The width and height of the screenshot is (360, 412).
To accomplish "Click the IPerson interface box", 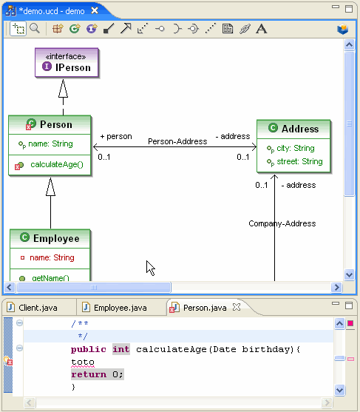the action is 67,63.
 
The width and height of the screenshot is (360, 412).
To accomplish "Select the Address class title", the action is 300,129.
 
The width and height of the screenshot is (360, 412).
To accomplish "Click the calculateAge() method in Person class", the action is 57,164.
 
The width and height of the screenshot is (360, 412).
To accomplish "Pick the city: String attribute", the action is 296,148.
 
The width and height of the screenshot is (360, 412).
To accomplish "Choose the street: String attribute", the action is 299,161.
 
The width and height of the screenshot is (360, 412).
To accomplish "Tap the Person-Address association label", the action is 177,141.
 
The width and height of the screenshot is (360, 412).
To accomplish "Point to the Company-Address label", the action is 282,223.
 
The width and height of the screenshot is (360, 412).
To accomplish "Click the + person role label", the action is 116,136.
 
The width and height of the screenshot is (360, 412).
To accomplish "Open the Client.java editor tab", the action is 38,308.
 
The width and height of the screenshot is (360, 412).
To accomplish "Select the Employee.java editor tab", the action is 120,308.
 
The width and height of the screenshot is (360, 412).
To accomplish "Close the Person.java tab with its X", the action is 237,307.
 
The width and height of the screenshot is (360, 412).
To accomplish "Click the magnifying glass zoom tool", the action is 35,28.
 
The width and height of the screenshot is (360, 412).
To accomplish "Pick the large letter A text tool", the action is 261,29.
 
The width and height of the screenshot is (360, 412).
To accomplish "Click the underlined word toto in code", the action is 83,362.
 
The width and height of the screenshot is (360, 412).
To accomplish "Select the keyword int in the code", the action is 121,349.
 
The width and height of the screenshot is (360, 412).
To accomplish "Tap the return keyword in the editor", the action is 89,374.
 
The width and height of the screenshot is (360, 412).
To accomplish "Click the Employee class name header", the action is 56,238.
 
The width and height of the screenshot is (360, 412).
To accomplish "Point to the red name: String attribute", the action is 52,257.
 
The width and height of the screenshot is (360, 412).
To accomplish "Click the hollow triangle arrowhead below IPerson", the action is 63,89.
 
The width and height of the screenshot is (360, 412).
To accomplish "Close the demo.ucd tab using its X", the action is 95,10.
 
